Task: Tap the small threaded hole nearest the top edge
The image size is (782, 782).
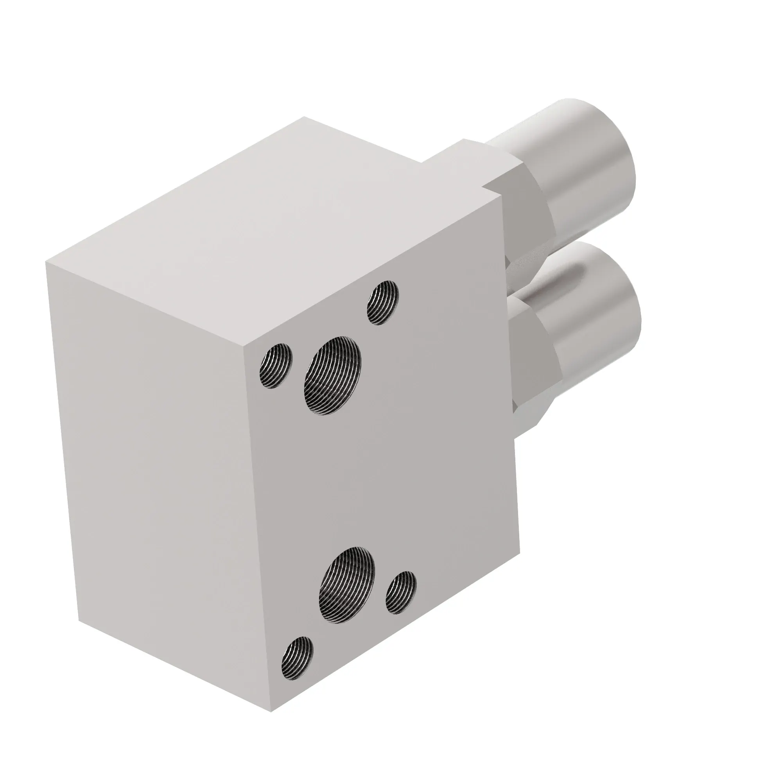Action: (382, 303)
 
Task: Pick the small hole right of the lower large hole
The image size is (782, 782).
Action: (401, 592)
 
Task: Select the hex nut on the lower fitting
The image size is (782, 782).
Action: (534, 364)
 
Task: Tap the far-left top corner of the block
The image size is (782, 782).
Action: (45, 262)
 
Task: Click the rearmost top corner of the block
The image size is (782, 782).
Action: (304, 117)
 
